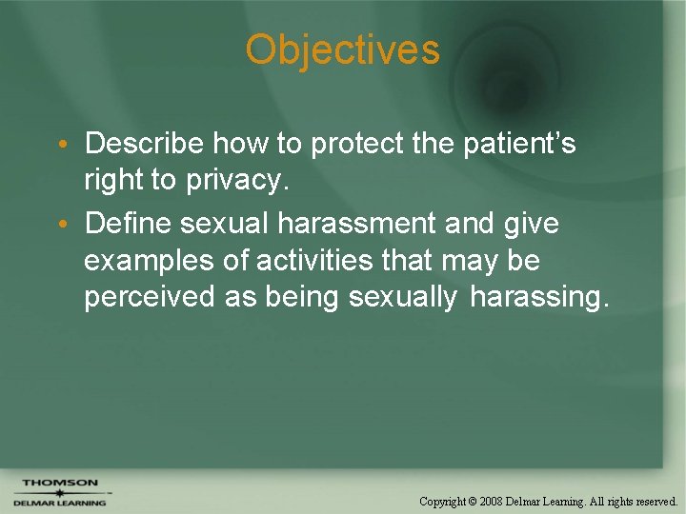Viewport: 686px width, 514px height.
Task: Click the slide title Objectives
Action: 342,49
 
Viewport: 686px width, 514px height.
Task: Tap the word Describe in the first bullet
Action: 144,144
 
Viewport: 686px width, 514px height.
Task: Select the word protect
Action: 358,145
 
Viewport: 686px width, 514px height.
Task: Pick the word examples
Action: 148,261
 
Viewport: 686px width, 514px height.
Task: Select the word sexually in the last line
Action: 403,297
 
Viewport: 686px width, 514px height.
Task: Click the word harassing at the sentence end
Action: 538,297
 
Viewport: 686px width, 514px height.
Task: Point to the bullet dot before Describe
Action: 60,146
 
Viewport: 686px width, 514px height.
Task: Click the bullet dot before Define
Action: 60,226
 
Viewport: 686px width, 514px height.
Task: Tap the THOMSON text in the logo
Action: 59,483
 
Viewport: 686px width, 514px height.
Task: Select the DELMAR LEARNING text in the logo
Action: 59,503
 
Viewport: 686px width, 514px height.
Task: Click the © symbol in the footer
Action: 474,501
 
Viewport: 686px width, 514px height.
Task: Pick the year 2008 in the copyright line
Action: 492,501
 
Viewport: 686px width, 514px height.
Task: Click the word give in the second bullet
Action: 530,224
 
